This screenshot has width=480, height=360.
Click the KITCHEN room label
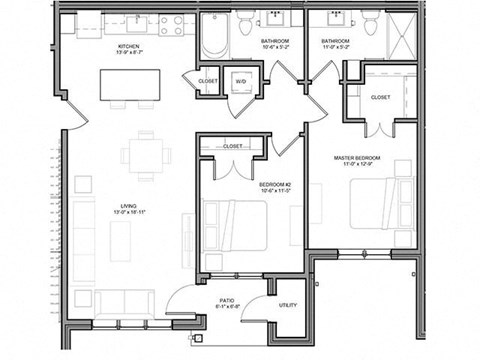click(129, 46)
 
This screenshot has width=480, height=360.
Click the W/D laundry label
click(241, 80)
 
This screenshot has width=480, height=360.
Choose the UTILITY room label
click(288, 304)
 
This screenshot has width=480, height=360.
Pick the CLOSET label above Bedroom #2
click(231, 146)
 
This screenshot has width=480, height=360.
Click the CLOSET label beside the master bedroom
click(380, 98)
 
